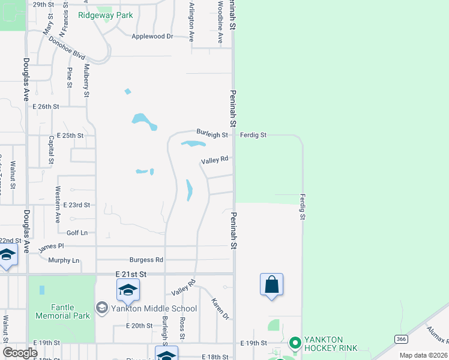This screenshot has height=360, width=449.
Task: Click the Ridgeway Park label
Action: pos(105,16)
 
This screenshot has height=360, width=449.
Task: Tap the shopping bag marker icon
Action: pos(271,284)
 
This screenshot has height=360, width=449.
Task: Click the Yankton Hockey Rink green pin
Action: pos(294,343)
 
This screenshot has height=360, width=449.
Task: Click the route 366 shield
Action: pos(401,339)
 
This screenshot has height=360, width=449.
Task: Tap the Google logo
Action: pos(20,353)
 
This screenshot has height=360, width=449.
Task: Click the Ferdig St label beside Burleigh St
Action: pos(253,136)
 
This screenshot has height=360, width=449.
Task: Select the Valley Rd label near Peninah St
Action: pos(215,160)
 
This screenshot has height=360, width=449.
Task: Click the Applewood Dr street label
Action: pos(152,37)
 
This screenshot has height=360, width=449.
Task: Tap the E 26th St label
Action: pos(46,106)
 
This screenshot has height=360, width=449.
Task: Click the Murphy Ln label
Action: pos(64,260)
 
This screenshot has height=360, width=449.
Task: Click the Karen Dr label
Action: pos(220,308)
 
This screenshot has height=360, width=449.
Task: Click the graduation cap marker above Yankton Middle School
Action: pos(128,290)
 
